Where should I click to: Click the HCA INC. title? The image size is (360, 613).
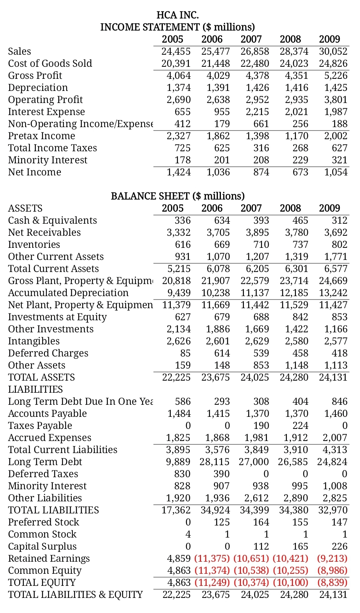tap(177, 15)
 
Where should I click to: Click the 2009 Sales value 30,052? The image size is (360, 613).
tap(333, 51)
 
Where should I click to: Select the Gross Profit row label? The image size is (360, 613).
tap(35, 75)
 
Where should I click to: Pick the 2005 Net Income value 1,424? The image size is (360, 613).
tap(179, 172)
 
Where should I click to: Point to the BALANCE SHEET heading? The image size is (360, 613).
tap(178, 196)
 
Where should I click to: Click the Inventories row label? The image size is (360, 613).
tap(34, 244)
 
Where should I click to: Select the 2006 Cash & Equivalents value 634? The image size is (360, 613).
tap(222, 220)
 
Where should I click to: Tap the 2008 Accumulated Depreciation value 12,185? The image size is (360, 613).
tap(294, 293)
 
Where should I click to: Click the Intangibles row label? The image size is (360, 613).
tap(34, 341)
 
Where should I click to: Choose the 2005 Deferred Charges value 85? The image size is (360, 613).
tap(185, 353)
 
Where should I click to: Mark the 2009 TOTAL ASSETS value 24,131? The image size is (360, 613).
tap(333, 377)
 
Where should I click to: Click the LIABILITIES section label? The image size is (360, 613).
tap(35, 389)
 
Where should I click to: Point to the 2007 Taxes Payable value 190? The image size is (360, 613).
tap(261, 426)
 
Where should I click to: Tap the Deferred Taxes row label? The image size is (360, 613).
tap(43, 474)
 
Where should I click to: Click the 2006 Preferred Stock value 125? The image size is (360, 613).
tap(222, 522)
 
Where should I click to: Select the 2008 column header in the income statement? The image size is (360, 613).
tap(290, 39)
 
